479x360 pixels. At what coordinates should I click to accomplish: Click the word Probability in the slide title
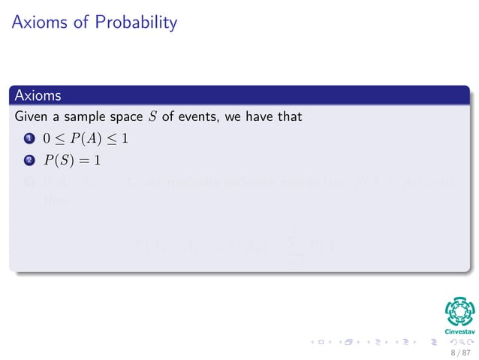coord(136,23)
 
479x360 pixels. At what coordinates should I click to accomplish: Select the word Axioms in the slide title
coord(40,23)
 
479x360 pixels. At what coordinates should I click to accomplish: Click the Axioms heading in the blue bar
coord(37,96)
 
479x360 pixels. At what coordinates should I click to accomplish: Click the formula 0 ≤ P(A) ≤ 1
coord(85,139)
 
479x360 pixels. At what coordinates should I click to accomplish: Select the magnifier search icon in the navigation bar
coord(450,343)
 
